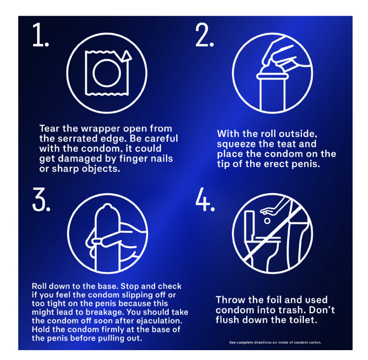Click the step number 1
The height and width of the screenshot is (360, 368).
click(40, 35)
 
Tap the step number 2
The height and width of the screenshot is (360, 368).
click(205, 35)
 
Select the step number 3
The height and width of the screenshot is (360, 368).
click(41, 199)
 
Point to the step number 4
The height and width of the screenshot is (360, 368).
click(205, 199)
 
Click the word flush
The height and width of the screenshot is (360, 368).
click(227, 320)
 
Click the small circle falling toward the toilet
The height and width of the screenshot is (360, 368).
click(267, 221)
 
